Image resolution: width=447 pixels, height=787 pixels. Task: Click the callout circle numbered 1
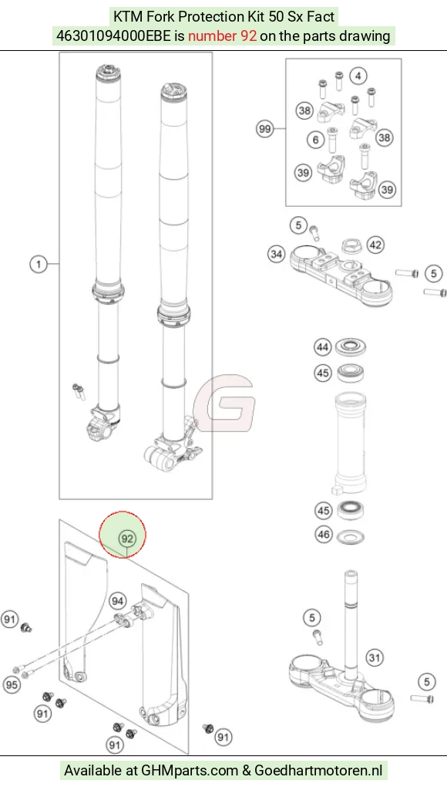click(39, 264)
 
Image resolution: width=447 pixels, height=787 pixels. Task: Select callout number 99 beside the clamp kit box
click(265, 129)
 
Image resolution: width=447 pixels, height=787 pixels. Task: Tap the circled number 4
click(358, 76)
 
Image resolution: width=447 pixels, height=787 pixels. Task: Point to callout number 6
click(315, 140)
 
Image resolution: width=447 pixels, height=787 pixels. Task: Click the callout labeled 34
click(276, 255)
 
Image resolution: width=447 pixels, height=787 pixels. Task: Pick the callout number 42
click(376, 245)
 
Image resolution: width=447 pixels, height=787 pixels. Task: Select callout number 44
click(323, 347)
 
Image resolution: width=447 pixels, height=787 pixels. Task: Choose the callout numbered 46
click(323, 534)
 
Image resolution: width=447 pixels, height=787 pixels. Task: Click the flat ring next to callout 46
click(351, 536)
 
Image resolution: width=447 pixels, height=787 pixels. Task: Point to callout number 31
click(375, 657)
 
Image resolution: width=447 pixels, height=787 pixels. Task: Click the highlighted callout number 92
click(127, 539)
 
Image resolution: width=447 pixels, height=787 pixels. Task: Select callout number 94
click(117, 601)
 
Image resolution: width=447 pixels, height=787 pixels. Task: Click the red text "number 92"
click(222, 35)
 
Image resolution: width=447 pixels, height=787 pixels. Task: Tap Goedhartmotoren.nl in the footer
click(318, 769)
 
